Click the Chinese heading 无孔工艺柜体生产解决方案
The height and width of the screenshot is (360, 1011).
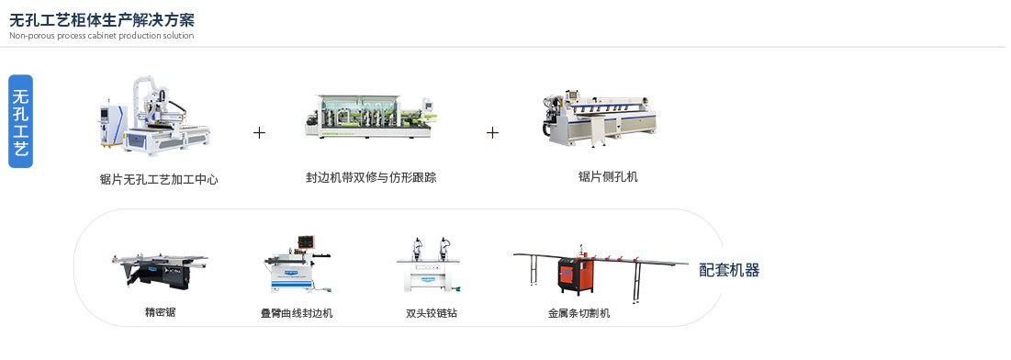[101, 19]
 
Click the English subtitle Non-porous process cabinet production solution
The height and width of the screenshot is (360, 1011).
[101, 36]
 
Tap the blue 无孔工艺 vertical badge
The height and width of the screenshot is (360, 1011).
[21, 121]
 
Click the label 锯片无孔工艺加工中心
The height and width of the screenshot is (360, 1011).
[159, 180]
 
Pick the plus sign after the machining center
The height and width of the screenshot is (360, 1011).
[259, 133]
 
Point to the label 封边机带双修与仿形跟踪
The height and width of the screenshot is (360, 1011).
[371, 177]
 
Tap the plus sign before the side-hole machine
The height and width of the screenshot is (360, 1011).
[492, 133]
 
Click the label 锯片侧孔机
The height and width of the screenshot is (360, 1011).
[602, 176]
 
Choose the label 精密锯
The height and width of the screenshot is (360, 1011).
[160, 312]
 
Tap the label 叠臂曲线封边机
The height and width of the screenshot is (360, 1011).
[297, 313]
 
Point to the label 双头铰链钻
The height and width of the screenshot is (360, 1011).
[432, 313]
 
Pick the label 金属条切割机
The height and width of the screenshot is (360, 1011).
[579, 313]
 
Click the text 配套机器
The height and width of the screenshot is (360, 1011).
[729, 270]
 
